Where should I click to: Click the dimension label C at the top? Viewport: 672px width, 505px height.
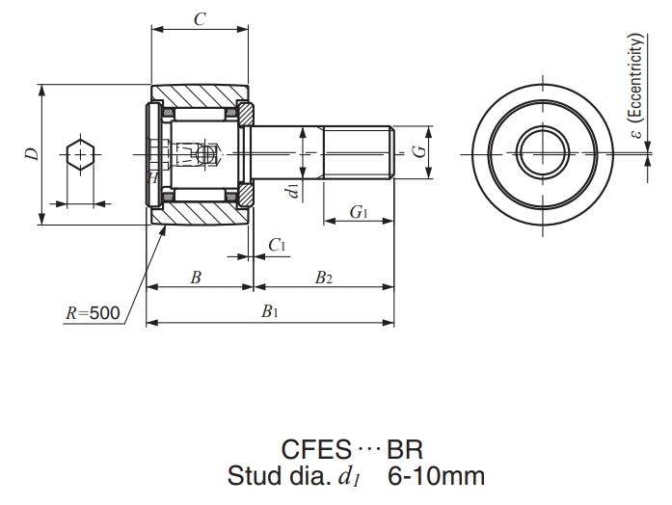(199, 18)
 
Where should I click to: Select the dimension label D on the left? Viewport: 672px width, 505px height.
(33, 154)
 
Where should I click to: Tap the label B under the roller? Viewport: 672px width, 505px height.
(196, 278)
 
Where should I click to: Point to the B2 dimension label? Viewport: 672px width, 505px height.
(324, 278)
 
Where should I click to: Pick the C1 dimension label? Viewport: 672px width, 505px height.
(278, 246)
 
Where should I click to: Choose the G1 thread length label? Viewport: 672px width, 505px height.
(359, 212)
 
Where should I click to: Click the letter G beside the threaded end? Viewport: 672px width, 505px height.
(417, 151)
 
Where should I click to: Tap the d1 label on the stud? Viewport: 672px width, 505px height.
(292, 189)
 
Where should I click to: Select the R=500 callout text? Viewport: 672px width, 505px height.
(93, 312)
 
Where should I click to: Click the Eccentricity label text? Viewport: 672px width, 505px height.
(635, 87)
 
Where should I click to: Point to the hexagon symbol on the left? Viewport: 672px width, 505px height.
(79, 154)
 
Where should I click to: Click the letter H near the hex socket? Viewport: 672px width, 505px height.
(152, 177)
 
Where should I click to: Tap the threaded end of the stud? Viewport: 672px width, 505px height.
(359, 152)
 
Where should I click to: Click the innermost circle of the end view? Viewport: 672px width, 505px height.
(545, 152)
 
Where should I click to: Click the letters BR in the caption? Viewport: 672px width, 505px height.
(406, 449)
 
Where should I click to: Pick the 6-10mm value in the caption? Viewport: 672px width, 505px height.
(435, 476)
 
